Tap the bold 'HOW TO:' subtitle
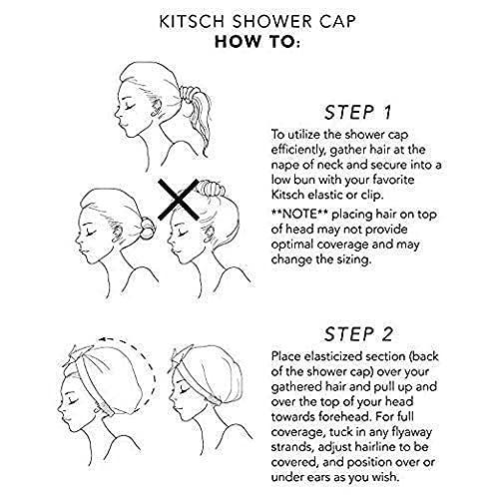coord(249,44)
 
